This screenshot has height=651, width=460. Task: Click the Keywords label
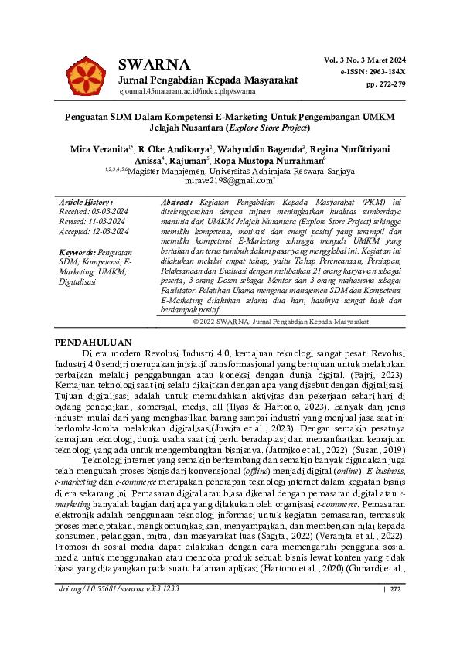pyautogui.click(x=75, y=253)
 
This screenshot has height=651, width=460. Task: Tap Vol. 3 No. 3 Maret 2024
pyautogui.click(x=365, y=60)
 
